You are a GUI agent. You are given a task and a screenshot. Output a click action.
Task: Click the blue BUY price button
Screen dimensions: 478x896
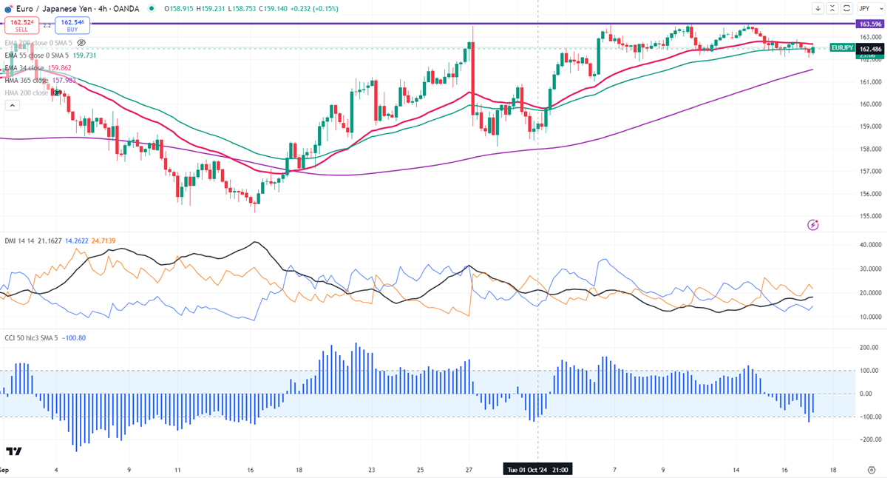click(x=72, y=26)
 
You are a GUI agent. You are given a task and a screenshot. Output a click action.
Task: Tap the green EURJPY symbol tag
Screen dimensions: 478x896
click(x=842, y=47)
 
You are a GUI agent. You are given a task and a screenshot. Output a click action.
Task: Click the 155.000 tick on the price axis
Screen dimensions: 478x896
click(x=870, y=217)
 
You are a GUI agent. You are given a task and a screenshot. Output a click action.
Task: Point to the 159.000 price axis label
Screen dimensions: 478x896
click(x=870, y=127)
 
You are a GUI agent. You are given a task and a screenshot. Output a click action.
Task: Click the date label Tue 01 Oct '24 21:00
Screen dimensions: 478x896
click(x=537, y=469)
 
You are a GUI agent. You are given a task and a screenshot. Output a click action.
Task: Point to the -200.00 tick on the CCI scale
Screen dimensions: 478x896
click(x=870, y=440)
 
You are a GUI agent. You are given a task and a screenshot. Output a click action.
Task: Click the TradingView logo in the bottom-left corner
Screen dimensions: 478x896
click(x=13, y=451)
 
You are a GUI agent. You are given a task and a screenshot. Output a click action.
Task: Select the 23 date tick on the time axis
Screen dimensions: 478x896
click(x=372, y=470)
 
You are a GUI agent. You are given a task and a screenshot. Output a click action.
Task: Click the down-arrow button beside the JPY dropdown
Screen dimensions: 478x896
click(x=818, y=8)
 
